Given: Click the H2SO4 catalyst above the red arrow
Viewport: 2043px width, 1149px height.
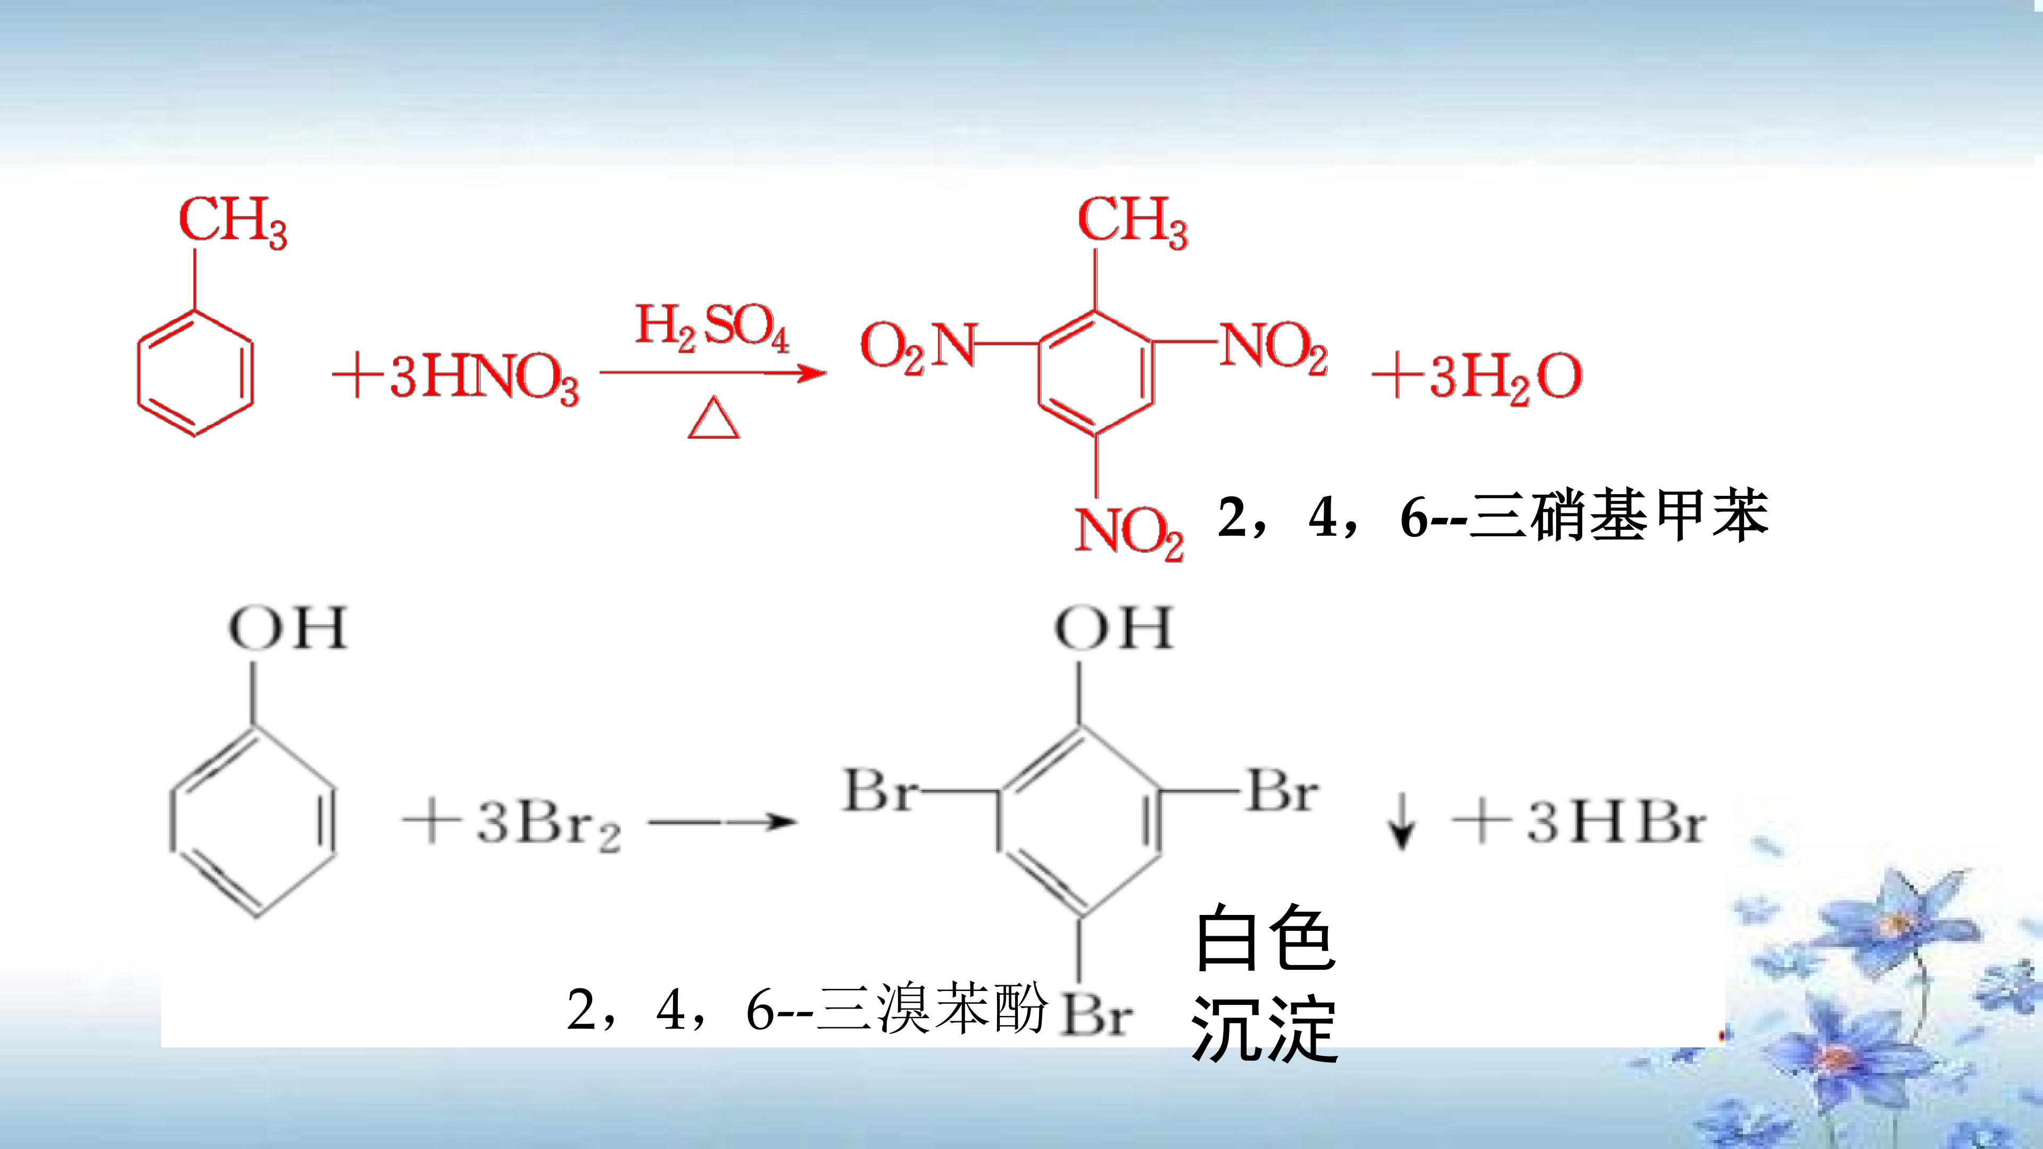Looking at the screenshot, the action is [712, 331].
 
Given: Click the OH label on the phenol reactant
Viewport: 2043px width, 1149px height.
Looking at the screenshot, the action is [288, 629].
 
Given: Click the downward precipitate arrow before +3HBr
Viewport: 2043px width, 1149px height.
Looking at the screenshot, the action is [1401, 824].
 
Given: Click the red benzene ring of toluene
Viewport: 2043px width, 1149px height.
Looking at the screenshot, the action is [195, 373].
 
